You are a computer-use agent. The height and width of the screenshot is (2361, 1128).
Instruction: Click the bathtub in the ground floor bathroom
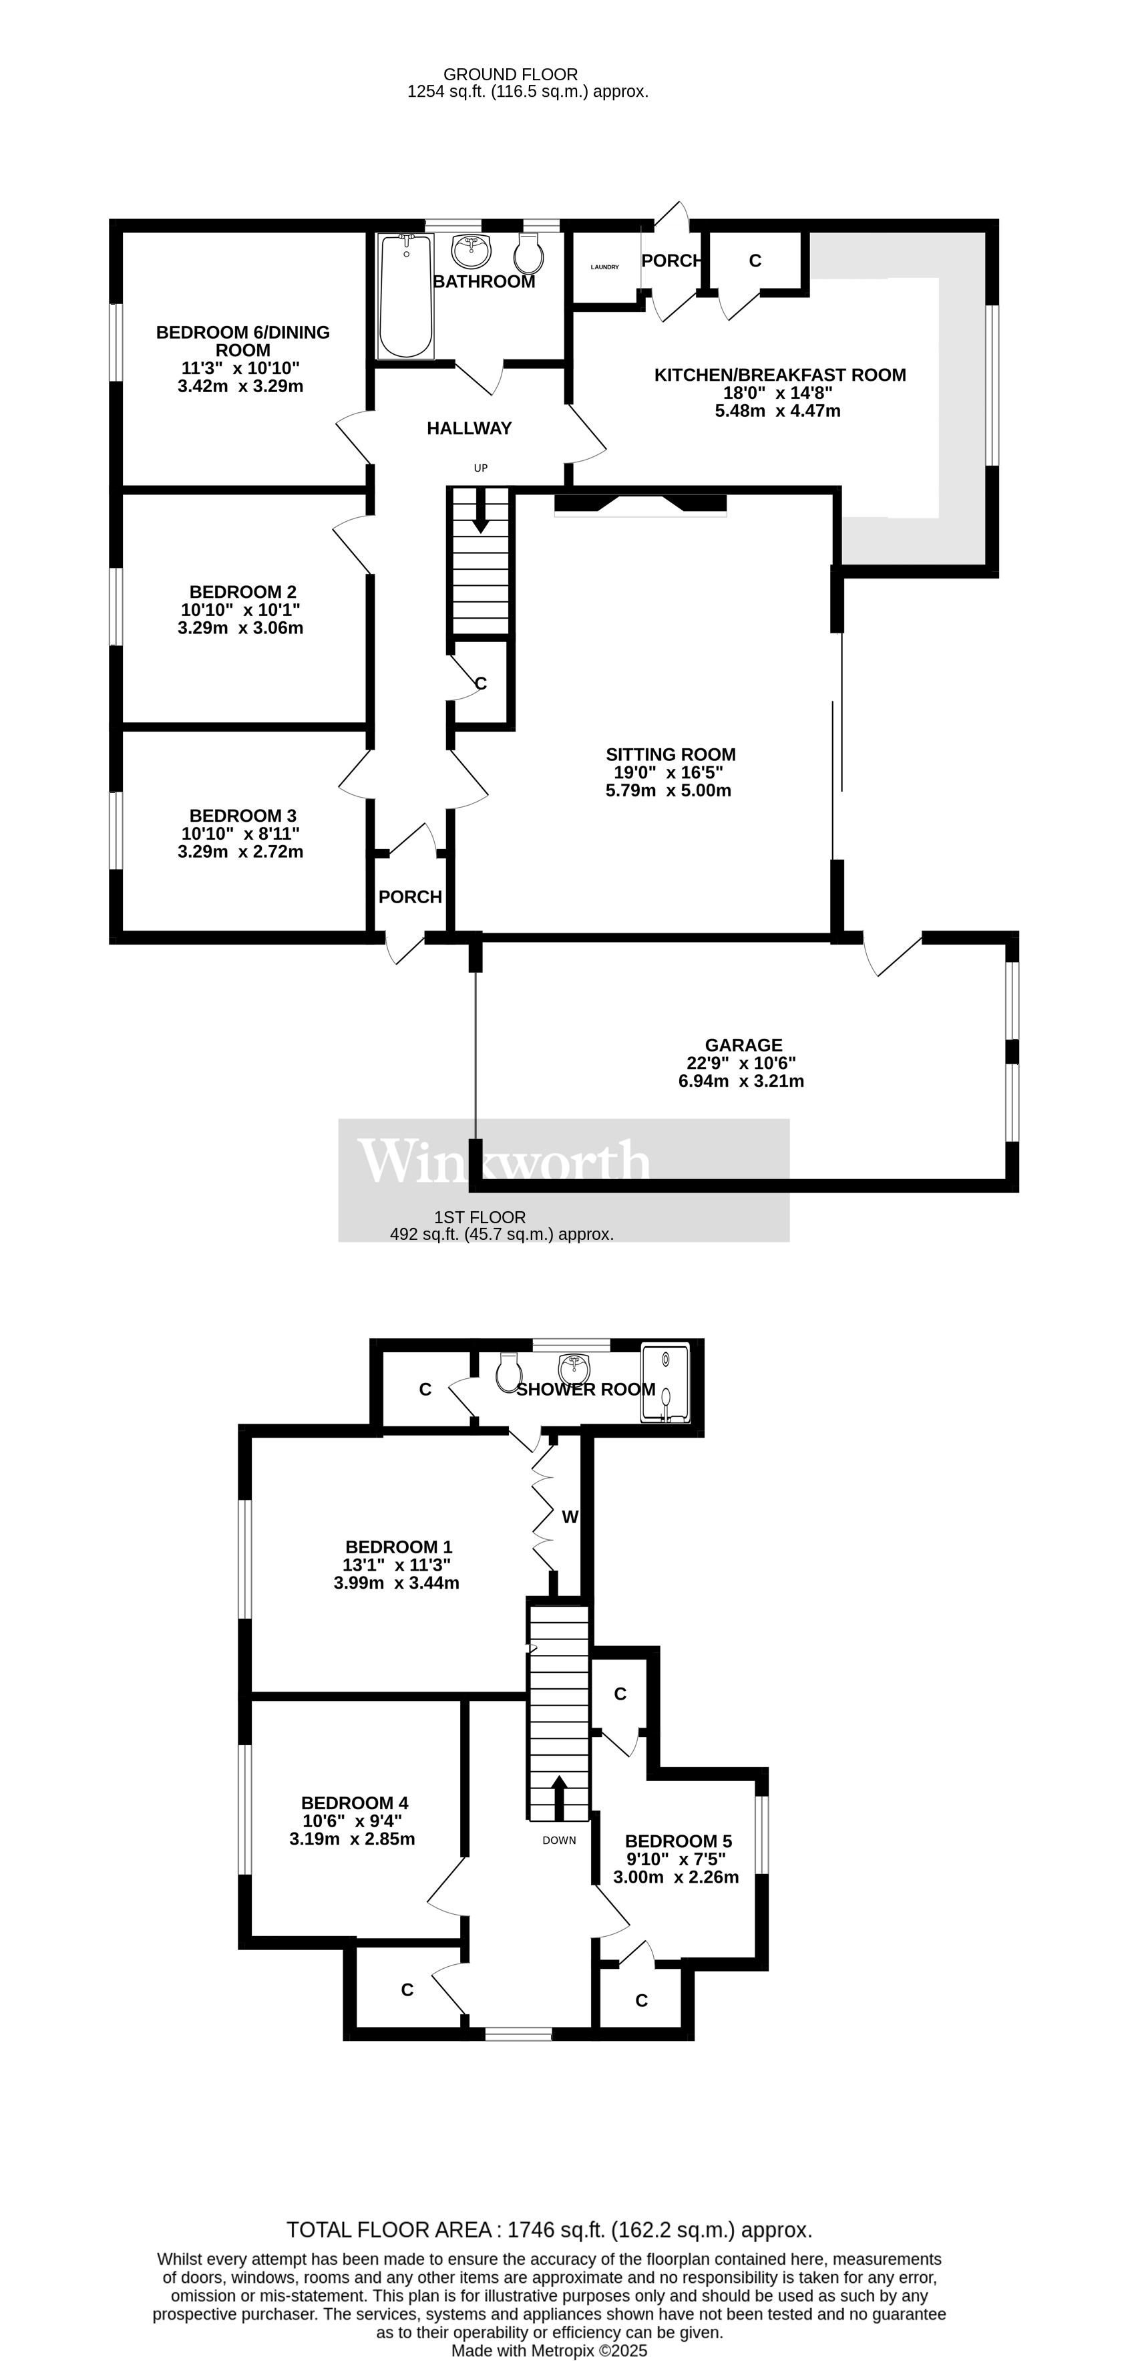point(406,295)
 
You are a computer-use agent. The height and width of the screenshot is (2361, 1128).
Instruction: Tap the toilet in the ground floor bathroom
point(530,253)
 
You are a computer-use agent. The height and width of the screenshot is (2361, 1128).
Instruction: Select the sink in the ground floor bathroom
point(472,249)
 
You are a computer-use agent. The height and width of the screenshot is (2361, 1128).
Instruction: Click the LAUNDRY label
point(605,268)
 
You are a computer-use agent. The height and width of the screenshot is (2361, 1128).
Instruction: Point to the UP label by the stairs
point(480,468)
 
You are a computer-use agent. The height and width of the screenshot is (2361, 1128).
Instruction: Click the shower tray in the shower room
point(665,1384)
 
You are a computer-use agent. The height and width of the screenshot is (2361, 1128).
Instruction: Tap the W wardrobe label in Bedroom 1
point(570,1517)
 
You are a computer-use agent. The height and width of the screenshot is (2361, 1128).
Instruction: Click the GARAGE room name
point(743,1045)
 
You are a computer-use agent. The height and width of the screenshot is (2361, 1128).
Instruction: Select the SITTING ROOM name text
point(671,754)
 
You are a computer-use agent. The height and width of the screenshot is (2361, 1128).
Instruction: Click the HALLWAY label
point(469,428)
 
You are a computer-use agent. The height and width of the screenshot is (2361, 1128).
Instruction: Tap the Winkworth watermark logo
point(504,1162)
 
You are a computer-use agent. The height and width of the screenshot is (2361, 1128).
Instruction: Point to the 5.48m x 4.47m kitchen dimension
point(777,411)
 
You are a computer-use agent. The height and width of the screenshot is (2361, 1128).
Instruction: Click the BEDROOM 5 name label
point(678,1841)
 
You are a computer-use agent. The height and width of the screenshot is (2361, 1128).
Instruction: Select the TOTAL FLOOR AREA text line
point(549,2230)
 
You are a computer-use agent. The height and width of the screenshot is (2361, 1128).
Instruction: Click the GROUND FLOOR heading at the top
point(510,74)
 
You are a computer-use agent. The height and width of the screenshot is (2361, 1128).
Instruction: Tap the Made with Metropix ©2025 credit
point(549,2351)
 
